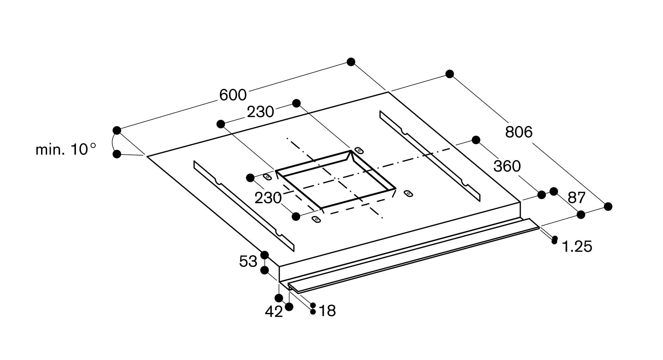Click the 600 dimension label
233,95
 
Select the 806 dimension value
519,132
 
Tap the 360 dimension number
507,166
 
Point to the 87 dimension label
577,198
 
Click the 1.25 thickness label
577,247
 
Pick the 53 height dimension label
248,262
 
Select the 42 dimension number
274,312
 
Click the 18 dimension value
327,311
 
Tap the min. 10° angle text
66,150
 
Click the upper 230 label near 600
260,112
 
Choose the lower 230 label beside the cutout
268,198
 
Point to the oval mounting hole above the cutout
359,150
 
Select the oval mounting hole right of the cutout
408,194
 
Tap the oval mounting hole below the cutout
317,219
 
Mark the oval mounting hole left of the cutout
268,177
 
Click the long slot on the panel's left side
244,206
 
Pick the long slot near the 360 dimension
430,156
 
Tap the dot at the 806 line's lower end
608,207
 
